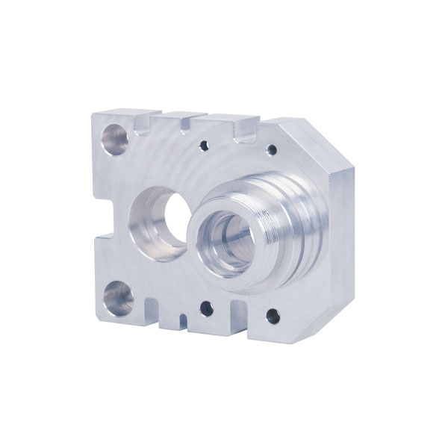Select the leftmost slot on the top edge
coord(145,121)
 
